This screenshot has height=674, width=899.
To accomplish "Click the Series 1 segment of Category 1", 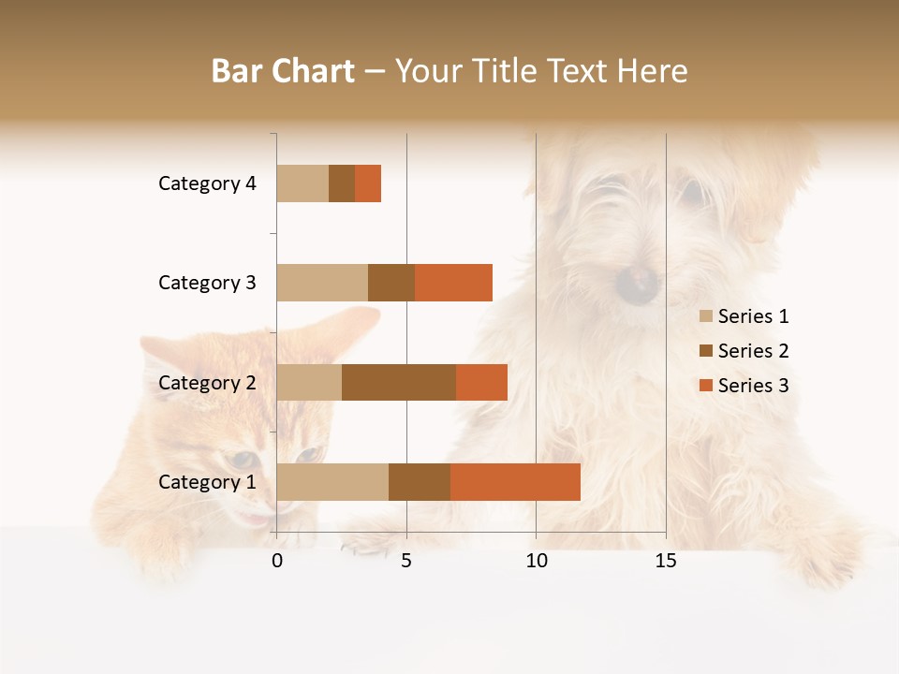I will click(x=332, y=482).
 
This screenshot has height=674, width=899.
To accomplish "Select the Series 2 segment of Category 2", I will click(x=399, y=382).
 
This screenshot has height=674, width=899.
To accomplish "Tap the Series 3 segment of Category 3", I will click(x=453, y=283).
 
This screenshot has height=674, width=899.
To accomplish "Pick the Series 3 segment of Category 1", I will click(x=515, y=482).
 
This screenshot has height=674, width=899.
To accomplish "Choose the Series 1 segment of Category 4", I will click(x=302, y=183).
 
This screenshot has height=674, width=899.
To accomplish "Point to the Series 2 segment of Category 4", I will click(x=342, y=183).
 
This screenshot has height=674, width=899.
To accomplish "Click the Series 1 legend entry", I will click(x=744, y=316).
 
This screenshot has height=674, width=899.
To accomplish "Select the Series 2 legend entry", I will click(x=744, y=351).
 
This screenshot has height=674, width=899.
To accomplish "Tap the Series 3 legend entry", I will click(x=744, y=386).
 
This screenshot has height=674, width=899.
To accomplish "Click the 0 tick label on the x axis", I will click(x=277, y=561).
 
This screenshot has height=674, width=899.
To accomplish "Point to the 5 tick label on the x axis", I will click(x=406, y=561).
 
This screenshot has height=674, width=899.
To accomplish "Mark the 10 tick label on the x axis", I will click(x=536, y=561).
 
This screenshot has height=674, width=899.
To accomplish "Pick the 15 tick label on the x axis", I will click(x=666, y=561).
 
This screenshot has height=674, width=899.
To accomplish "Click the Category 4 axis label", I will click(x=207, y=183).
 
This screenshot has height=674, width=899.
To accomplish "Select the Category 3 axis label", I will click(x=207, y=283).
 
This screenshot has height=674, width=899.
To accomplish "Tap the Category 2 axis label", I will click(x=207, y=383).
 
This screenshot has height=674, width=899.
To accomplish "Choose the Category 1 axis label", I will click(x=207, y=482).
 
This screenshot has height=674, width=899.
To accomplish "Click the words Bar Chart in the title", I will click(x=283, y=71).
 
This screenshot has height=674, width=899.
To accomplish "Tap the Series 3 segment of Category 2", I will click(x=481, y=382).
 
